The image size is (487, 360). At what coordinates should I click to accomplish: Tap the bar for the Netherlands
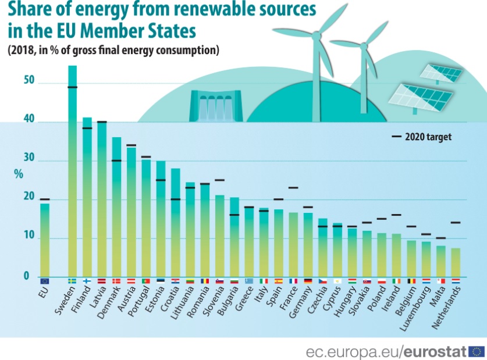[x=456, y=262]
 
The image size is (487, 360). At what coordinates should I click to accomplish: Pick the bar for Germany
[x=308, y=245]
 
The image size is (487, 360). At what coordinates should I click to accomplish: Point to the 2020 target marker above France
[x=293, y=188]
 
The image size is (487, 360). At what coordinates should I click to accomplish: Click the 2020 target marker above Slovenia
[x=219, y=180]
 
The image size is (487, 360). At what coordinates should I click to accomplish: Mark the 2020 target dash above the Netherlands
[x=456, y=223]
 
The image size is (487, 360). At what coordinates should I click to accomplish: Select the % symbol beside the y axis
[x=19, y=173]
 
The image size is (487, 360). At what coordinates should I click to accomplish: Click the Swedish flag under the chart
[x=72, y=281]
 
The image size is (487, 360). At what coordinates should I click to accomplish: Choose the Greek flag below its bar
[x=249, y=281]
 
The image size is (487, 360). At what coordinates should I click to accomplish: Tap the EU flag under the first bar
[x=45, y=281]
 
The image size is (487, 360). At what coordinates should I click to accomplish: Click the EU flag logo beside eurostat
[x=477, y=351]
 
